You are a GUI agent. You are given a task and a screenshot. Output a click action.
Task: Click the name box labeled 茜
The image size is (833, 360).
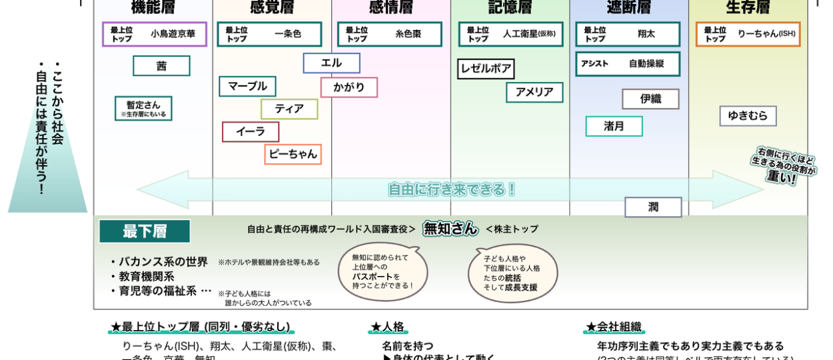(161, 66)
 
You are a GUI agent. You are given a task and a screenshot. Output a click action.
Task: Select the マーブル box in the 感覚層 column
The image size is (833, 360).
(247, 86)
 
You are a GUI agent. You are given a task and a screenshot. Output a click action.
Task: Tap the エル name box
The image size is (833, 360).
(331, 63)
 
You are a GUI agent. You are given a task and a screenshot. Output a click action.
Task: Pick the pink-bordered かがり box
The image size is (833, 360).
(349, 87)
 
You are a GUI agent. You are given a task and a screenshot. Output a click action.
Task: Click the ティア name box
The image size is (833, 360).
(289, 109)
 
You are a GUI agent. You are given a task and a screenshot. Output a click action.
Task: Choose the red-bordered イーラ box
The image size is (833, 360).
(251, 132)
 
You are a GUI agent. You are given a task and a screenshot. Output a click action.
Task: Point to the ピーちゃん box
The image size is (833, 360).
(293, 154)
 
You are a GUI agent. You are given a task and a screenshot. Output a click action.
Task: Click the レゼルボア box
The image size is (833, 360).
(486, 69)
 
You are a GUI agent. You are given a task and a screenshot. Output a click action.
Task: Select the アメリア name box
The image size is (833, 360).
(534, 92)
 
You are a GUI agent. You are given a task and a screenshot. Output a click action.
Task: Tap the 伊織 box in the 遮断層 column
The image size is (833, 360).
(650, 99)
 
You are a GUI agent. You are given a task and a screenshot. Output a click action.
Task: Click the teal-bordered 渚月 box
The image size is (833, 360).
(614, 126)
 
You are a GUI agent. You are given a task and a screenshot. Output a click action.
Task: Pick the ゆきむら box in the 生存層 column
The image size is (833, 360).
(748, 115)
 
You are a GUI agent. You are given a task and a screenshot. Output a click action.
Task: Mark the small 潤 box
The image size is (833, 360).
(653, 207)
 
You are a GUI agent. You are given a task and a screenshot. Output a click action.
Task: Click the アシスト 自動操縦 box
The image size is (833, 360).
(628, 64)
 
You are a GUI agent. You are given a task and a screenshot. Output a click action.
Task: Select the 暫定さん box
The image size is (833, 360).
(143, 108)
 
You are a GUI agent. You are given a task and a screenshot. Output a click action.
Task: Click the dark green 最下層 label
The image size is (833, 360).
(145, 231)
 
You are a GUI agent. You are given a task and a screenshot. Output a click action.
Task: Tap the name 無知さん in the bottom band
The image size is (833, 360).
(450, 229)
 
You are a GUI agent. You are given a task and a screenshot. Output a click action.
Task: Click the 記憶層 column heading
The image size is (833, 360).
(510, 8)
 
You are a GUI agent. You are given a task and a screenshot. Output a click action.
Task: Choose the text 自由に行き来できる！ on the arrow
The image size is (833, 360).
(452, 189)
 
